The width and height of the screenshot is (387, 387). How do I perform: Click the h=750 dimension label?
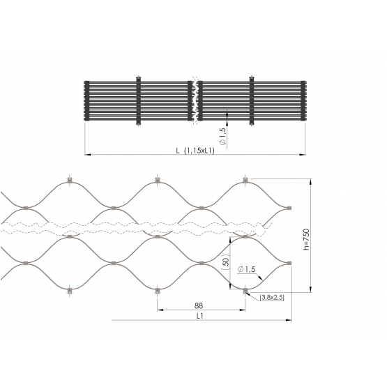coord(306,239)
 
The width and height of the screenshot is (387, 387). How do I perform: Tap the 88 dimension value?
coord(199,306)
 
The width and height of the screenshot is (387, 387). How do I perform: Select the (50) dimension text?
coord(225,262)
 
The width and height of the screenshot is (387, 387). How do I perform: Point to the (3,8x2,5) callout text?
coord(272,298)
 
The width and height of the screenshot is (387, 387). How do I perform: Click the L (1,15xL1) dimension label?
coord(195,151)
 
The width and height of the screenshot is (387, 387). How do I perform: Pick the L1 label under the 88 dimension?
coord(200,316)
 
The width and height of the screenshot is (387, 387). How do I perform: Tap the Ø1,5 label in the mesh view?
coord(246,269)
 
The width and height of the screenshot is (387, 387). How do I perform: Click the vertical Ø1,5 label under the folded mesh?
coord(222,137)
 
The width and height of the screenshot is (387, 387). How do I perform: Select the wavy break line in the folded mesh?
coord(195,100)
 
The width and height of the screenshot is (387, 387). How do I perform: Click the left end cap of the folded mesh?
coord(86,100)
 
